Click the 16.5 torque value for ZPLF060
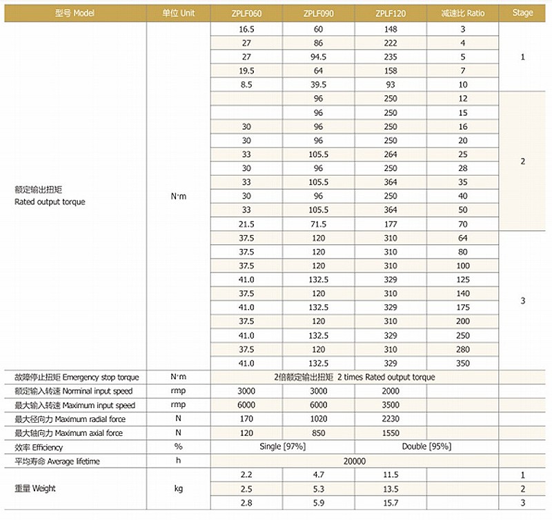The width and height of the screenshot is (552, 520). pyautogui.click(x=246, y=29)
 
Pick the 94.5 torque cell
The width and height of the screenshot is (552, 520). pyautogui.click(x=318, y=57)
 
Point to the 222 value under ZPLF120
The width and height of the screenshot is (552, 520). pyautogui.click(x=391, y=43)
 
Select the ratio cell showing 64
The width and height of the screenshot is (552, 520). pyautogui.click(x=462, y=238)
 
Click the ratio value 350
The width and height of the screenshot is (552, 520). pyautogui.click(x=462, y=363)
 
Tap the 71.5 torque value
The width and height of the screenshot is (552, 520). pyautogui.click(x=318, y=224)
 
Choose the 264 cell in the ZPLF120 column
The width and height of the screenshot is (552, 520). pyautogui.click(x=391, y=154)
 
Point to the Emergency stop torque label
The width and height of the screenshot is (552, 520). pyautogui.click(x=76, y=377)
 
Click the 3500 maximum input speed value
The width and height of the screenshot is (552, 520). pyautogui.click(x=391, y=405)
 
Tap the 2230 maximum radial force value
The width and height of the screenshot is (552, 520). pyautogui.click(x=391, y=419)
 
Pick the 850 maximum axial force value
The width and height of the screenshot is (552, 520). pyautogui.click(x=318, y=433)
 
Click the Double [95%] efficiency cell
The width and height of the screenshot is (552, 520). pyautogui.click(x=426, y=447)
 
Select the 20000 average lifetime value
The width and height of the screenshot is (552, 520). pyautogui.click(x=354, y=461)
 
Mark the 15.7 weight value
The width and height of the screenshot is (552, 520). pyautogui.click(x=391, y=502)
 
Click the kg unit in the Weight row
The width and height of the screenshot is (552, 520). pyautogui.click(x=178, y=488)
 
